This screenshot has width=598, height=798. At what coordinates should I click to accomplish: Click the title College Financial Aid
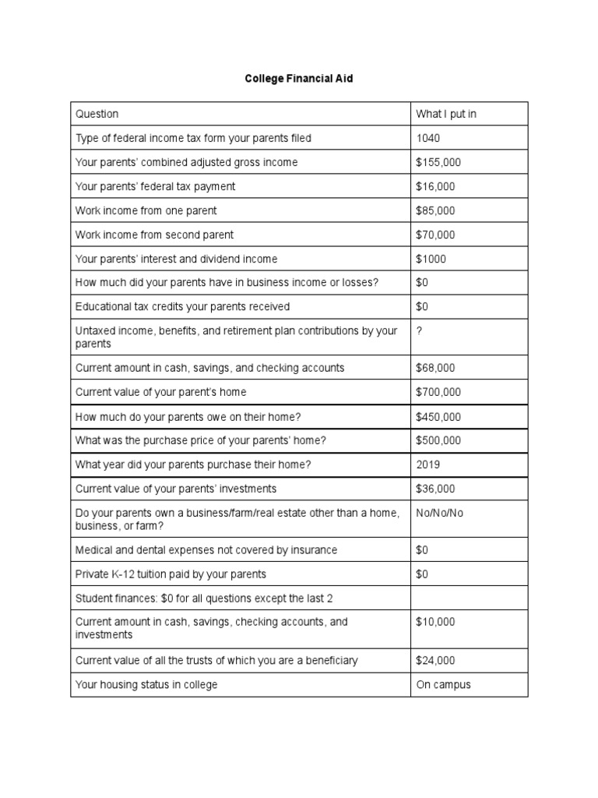pyautogui.click(x=299, y=79)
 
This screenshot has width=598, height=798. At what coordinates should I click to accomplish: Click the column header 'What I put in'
pyautogui.click(x=445, y=114)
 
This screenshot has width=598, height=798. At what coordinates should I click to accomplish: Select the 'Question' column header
pyautogui.click(x=97, y=114)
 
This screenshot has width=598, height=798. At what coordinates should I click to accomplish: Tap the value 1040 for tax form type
pyautogui.click(x=428, y=138)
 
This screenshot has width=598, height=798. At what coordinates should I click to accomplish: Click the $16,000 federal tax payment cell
pyautogui.click(x=435, y=186)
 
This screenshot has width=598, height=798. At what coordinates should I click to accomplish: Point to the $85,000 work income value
pyautogui.click(x=435, y=210)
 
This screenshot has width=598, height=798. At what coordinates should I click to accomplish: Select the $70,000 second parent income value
pyautogui.click(x=435, y=235)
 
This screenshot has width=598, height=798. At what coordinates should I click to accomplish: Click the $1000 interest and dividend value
pyautogui.click(x=431, y=259)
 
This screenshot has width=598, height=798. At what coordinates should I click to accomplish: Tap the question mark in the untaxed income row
pyautogui.click(x=420, y=331)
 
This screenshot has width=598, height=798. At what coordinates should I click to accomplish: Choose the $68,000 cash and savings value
pyautogui.click(x=435, y=367)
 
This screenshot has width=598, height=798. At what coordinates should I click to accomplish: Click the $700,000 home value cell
pyautogui.click(x=438, y=391)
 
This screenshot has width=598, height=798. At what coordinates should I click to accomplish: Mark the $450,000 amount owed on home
pyautogui.click(x=438, y=416)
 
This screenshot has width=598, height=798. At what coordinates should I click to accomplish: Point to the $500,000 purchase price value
pyautogui.click(x=438, y=440)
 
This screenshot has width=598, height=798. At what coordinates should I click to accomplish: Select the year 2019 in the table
pyautogui.click(x=428, y=464)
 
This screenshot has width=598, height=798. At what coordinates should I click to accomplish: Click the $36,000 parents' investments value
pyautogui.click(x=435, y=489)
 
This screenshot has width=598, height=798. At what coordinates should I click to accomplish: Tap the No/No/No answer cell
pyautogui.click(x=439, y=514)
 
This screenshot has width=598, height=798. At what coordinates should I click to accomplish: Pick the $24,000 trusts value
pyautogui.click(x=435, y=660)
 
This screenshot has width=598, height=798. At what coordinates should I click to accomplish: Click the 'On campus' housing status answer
pyautogui.click(x=443, y=684)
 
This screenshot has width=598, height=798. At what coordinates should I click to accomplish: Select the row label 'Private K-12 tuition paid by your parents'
pyautogui.click(x=171, y=574)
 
